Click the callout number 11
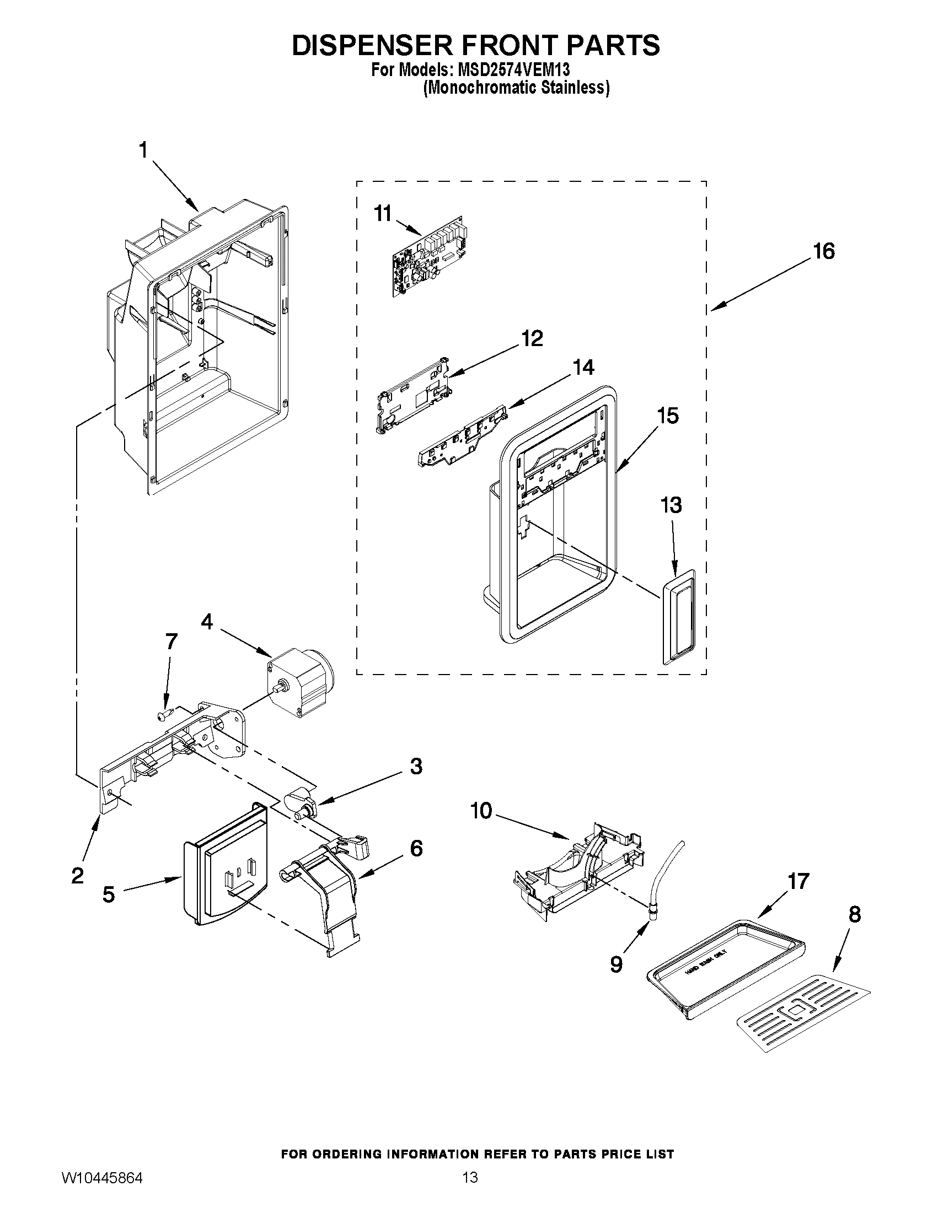point(383,213)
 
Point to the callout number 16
point(824,251)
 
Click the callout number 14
point(583,367)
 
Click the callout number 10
point(481,811)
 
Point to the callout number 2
point(78,876)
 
